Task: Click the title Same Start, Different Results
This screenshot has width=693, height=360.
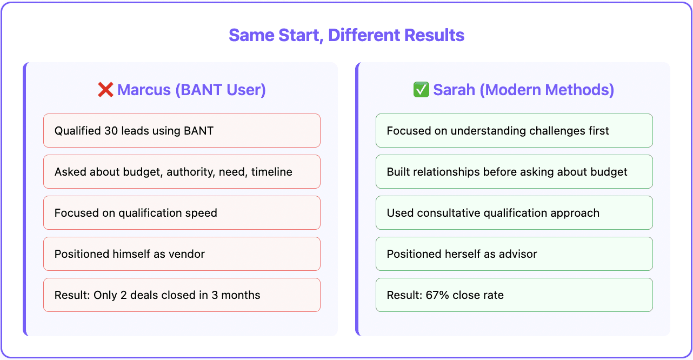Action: click(346, 36)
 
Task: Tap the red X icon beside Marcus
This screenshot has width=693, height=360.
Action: click(105, 90)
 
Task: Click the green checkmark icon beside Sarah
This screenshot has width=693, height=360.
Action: click(421, 90)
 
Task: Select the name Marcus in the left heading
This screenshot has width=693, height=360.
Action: click(144, 90)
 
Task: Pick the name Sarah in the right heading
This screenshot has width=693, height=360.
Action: click(455, 90)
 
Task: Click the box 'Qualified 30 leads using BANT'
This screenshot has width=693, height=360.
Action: click(182, 131)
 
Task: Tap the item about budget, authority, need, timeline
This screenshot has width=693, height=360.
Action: click(182, 172)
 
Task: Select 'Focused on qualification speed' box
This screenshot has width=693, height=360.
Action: click(182, 213)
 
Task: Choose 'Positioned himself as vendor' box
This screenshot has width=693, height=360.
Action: click(182, 254)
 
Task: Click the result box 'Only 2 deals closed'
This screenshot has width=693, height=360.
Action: click(182, 295)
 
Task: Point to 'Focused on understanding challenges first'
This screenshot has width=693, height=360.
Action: click(514, 131)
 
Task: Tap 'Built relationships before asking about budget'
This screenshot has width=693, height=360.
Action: click(514, 172)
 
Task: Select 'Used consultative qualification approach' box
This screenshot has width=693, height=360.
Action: click(514, 213)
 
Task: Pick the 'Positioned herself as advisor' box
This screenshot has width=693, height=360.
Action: click(514, 254)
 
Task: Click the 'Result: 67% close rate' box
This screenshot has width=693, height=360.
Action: click(514, 295)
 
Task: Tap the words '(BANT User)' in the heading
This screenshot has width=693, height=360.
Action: click(220, 90)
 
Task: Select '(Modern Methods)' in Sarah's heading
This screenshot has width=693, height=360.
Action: click(547, 90)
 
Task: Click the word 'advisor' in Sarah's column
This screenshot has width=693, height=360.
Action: click(518, 254)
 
